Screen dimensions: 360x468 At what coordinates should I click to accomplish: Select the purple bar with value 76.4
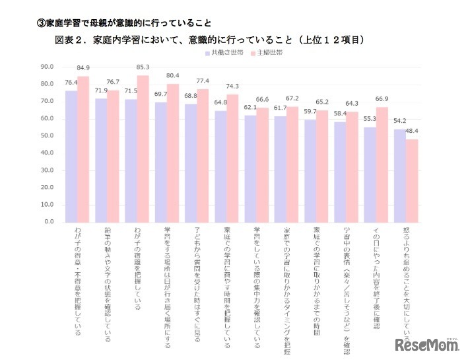pos(71,156)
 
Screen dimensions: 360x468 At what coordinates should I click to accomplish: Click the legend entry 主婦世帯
pos(267,51)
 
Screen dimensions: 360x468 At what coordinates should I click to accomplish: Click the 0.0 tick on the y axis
pos(49,222)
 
